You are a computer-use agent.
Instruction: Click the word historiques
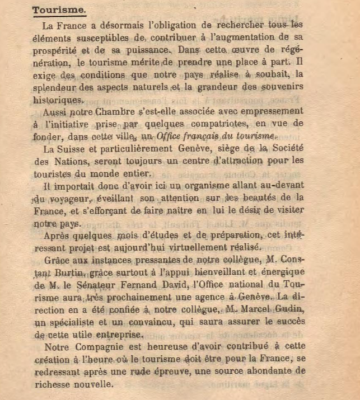click(x=57, y=100)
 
